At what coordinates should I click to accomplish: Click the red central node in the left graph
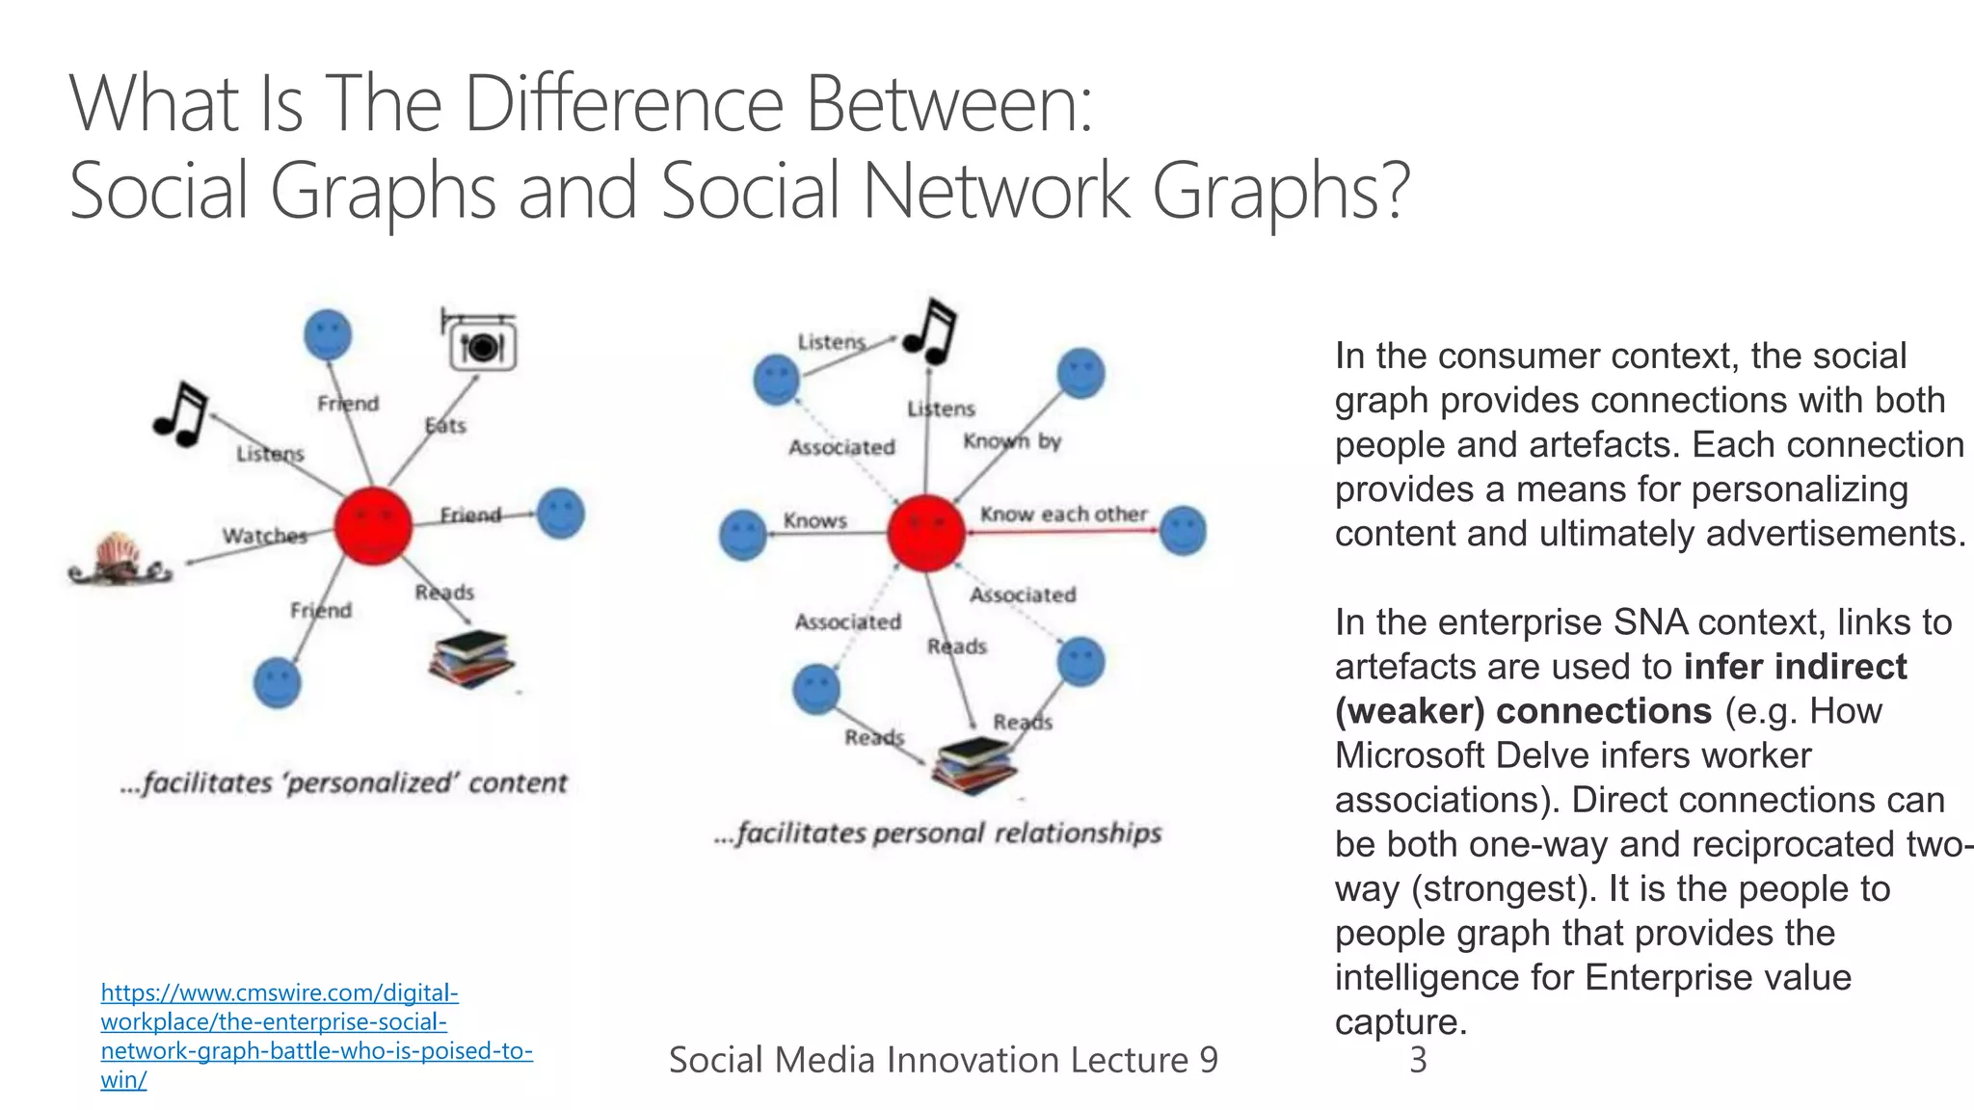click(x=373, y=525)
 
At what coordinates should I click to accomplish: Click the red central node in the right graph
click(x=925, y=533)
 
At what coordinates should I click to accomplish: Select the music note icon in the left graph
click(x=181, y=414)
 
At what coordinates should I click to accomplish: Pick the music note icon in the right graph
click(x=931, y=331)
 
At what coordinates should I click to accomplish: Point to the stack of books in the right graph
click(x=975, y=765)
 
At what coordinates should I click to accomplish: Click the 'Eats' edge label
click(x=445, y=425)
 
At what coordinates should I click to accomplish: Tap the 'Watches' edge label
click(x=264, y=536)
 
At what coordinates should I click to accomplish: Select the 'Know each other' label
click(x=1063, y=514)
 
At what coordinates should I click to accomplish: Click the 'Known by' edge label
click(x=1011, y=441)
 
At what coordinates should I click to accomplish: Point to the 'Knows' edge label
click(x=814, y=520)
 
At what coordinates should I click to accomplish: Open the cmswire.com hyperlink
click(x=316, y=1035)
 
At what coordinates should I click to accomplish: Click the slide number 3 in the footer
click(x=1417, y=1060)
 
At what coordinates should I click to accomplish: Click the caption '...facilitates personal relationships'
click(x=938, y=832)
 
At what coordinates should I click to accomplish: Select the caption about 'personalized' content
click(x=343, y=782)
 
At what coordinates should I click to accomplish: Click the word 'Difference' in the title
click(x=624, y=104)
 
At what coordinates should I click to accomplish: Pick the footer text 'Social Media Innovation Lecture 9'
click(x=943, y=1060)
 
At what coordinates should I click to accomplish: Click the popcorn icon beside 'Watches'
click(x=120, y=560)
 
